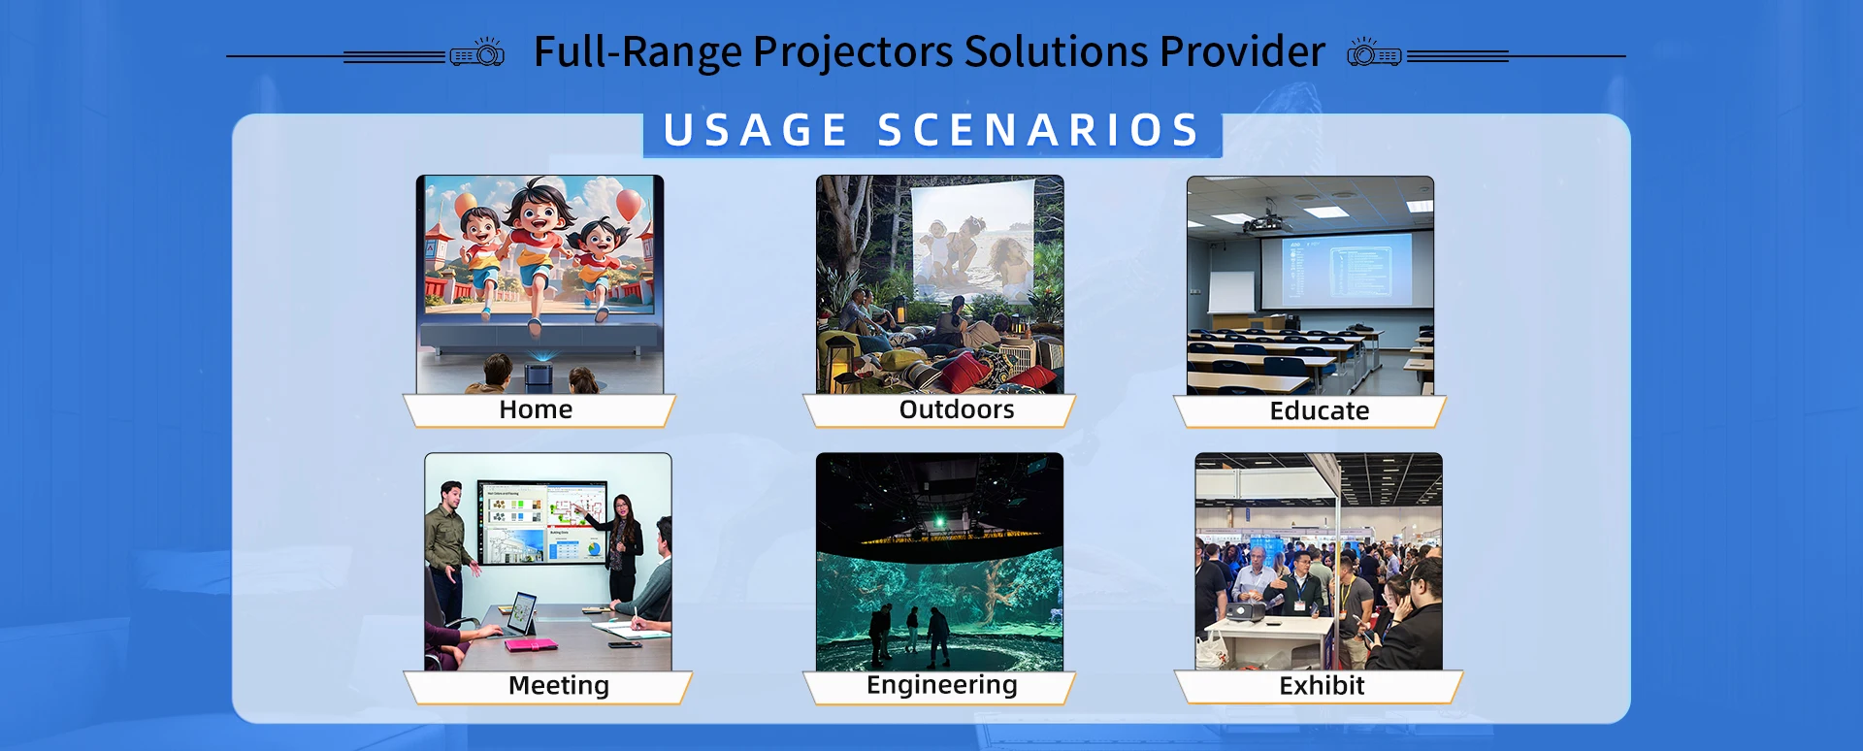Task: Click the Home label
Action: tap(536, 409)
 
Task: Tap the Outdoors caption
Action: tap(957, 409)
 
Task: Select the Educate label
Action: tap(1320, 411)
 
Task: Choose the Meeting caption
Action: tap(559, 686)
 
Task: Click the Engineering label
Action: tap(942, 685)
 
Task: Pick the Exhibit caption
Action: tap(1322, 686)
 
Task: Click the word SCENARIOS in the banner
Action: tap(1039, 131)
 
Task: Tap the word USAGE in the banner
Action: tap(756, 131)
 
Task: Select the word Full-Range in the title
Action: tap(637, 53)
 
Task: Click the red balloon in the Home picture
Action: tap(630, 206)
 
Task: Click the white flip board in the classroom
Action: tap(1230, 292)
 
